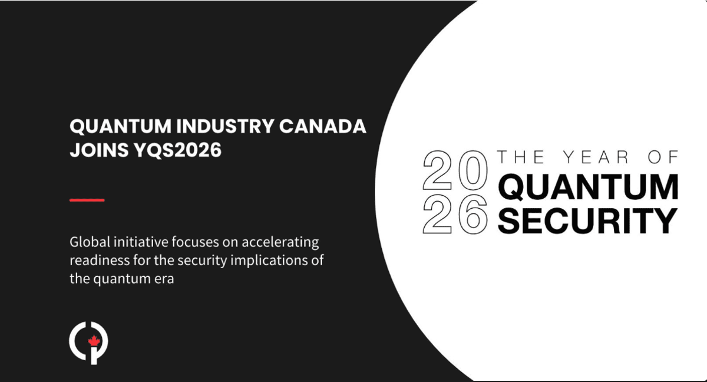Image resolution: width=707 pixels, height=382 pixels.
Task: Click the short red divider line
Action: (87, 200)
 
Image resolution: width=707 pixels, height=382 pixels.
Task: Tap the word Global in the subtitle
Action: (87, 242)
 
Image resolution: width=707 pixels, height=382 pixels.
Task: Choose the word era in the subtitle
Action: (164, 279)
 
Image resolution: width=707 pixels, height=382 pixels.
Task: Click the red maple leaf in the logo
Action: (92, 342)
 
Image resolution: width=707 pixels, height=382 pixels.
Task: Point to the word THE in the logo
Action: (518, 157)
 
